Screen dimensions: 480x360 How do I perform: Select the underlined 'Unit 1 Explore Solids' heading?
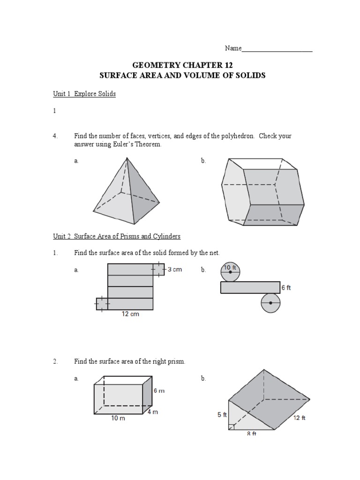84,94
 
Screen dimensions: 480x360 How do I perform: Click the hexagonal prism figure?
261,192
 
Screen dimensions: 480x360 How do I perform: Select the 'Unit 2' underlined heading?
117,236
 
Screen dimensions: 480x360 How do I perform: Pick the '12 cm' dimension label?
130,315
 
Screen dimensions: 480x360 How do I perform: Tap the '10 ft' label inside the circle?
230,268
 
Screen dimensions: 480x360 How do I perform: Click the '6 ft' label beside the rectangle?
286,288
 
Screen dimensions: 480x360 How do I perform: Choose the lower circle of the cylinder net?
270,303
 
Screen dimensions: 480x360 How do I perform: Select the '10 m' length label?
118,419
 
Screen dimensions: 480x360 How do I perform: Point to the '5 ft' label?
222,415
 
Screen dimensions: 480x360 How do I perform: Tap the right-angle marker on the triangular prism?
232,426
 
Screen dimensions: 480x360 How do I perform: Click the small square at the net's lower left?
102,304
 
